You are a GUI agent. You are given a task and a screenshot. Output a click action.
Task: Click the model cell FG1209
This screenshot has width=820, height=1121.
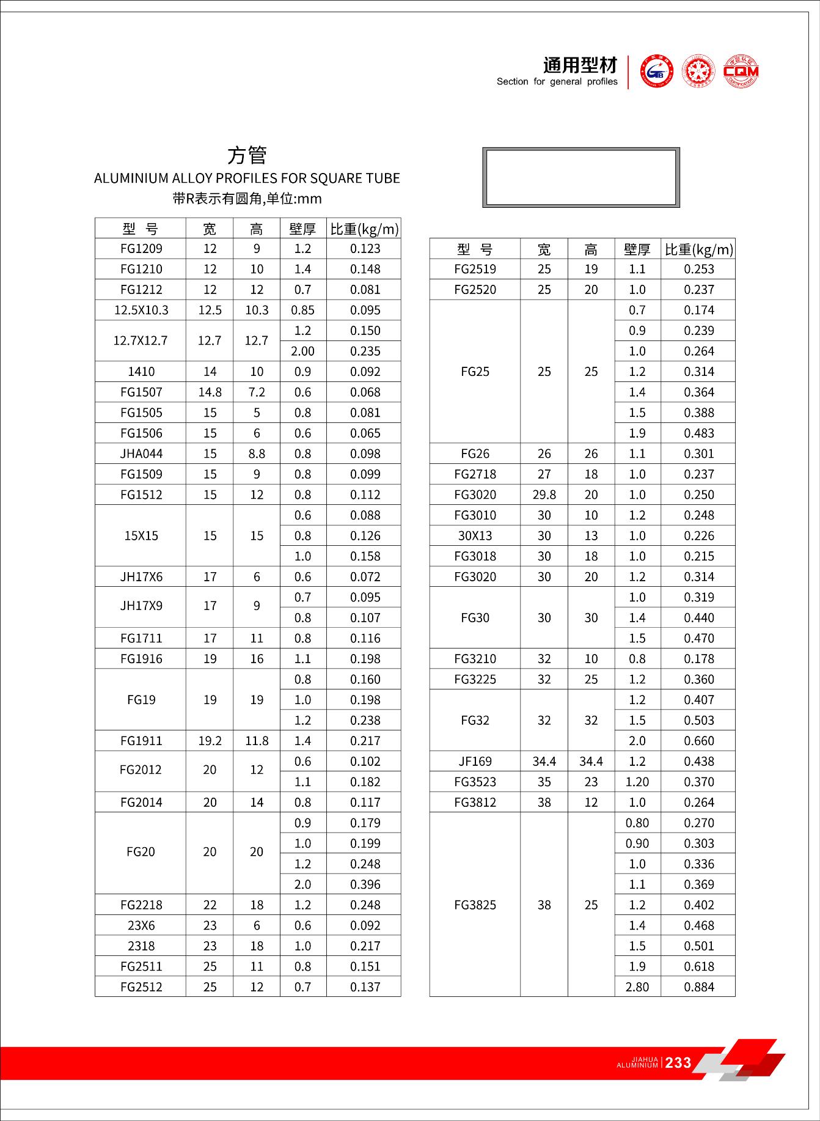point(141,249)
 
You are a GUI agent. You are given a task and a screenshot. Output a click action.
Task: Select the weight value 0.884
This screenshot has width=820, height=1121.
point(699,987)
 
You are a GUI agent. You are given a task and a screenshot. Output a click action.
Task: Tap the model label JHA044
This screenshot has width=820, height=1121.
point(141,454)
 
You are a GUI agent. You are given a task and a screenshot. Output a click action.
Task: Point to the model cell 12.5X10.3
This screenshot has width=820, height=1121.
point(141,311)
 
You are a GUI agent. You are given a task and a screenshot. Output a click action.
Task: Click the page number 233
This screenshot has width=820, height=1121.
point(678,1062)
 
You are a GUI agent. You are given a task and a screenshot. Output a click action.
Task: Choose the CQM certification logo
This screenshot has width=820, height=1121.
point(741,72)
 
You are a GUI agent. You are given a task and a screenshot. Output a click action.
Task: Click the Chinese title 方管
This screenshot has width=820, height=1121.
point(247,155)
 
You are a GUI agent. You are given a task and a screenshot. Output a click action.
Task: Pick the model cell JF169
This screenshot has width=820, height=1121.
point(475,762)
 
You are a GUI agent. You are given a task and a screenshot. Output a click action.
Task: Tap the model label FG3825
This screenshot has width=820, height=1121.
point(475,905)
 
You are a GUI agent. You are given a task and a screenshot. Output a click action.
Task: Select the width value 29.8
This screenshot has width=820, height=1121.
point(544,495)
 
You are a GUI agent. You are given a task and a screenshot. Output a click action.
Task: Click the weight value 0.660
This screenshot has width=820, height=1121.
point(699,741)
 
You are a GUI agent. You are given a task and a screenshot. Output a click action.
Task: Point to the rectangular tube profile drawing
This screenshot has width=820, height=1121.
point(580,177)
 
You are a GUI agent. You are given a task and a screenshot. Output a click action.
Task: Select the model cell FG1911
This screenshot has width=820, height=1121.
point(141,741)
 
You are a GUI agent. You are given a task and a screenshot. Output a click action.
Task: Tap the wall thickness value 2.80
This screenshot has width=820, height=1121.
point(637,987)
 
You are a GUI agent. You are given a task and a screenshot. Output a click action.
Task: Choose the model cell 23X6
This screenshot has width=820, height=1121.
point(141,925)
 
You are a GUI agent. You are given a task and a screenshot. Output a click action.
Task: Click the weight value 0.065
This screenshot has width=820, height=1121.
point(365,433)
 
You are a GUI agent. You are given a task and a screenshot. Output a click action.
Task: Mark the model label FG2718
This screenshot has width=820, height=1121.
point(475,474)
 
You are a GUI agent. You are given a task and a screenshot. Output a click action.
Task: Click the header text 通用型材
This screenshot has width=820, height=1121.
point(580,65)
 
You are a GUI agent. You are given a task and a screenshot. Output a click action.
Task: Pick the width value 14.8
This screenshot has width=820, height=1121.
point(210,392)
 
